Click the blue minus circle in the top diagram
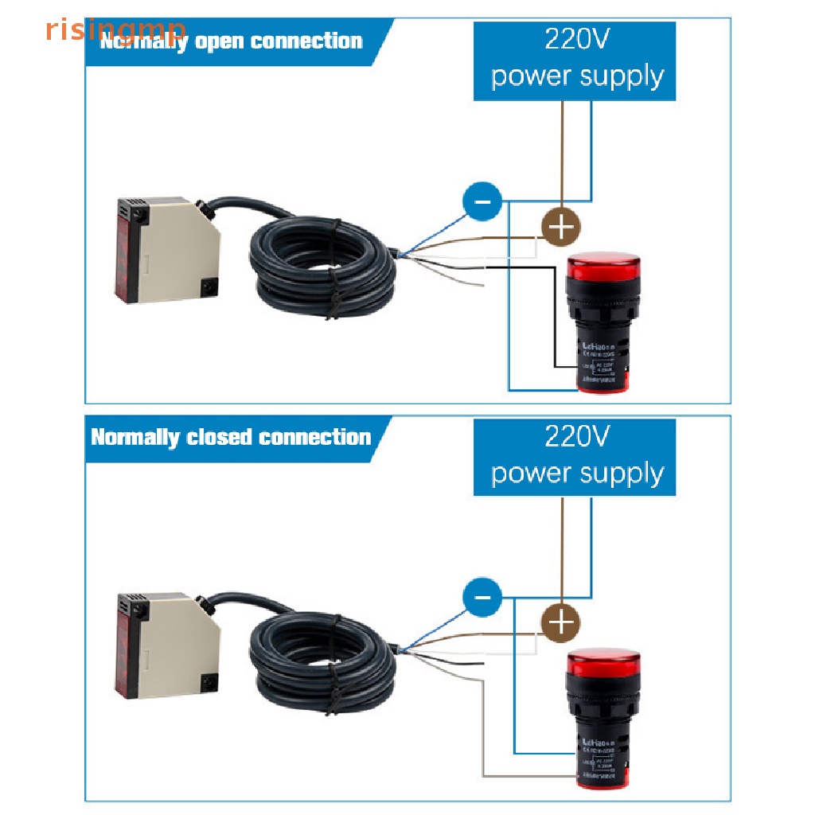coord(482,202)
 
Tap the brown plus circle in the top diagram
coord(561,227)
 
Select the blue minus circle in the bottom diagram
coord(482,597)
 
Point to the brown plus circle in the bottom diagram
coord(561,622)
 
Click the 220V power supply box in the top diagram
coord(574,61)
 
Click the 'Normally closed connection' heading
coord(231,437)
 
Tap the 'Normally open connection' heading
coord(231,41)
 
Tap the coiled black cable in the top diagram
coord(322,267)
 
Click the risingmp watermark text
coord(115,29)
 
